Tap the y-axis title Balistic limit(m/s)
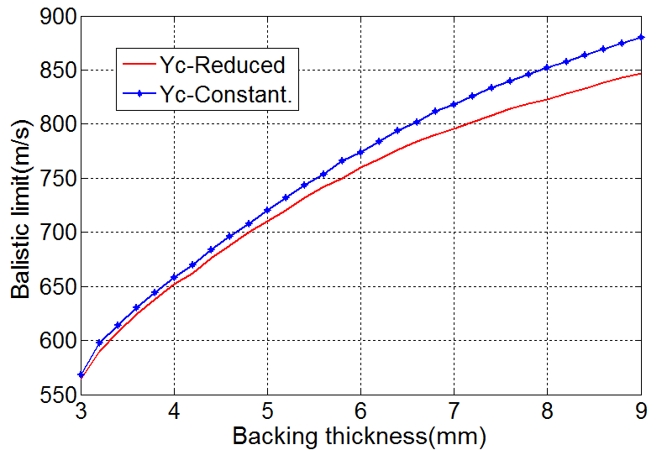tap(23, 206)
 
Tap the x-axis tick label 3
tap(81, 412)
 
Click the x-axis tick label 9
tap(641, 412)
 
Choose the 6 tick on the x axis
tap(361, 412)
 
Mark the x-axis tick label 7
tap(454, 412)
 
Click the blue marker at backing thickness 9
tap(641, 37)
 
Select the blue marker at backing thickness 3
tap(81, 374)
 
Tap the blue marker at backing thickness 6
tap(361, 152)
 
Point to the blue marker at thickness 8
tap(548, 68)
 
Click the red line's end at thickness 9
tap(641, 73)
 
